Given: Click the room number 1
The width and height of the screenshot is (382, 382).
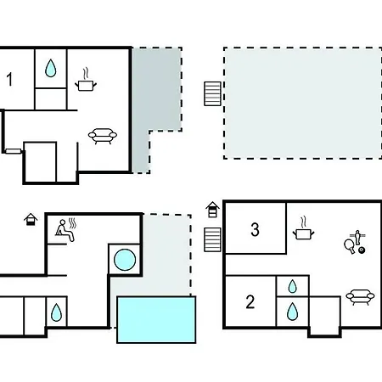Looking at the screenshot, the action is (x=9, y=79).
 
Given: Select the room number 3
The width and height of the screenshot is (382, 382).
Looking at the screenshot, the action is (x=255, y=229).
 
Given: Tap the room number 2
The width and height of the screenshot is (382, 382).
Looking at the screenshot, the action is (x=250, y=301).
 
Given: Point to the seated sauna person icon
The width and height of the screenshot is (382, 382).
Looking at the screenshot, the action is (x=65, y=230).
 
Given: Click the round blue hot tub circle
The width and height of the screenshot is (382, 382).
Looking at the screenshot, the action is (x=125, y=260).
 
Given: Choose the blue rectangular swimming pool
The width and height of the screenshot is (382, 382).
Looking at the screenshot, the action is (x=156, y=320).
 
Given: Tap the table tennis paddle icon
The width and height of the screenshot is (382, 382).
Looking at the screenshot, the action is (x=350, y=246).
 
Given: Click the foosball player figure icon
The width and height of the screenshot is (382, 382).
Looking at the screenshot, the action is (x=357, y=238).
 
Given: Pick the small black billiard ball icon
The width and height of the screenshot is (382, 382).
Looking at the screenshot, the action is (x=362, y=250).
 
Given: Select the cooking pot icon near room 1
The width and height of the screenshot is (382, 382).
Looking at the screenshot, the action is (x=86, y=82).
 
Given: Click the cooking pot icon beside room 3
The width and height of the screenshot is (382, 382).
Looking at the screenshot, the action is (x=303, y=231).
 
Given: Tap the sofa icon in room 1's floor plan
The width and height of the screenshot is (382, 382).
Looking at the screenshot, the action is (x=103, y=136).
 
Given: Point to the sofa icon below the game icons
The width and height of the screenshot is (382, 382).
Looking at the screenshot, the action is (x=360, y=297).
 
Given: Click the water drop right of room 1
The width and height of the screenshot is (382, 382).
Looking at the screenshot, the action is (x=51, y=68).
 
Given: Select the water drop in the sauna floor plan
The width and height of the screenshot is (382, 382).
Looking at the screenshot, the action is (x=56, y=312).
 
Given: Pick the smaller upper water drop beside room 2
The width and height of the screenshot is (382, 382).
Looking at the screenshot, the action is (x=293, y=286).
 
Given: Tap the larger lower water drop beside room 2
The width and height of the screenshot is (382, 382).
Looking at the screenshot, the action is (x=292, y=312).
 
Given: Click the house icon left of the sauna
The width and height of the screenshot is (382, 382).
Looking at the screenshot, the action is (x=31, y=220).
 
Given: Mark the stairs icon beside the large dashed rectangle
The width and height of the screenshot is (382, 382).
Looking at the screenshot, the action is (x=212, y=94).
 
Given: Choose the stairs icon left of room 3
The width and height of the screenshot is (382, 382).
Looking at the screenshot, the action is (x=212, y=239).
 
